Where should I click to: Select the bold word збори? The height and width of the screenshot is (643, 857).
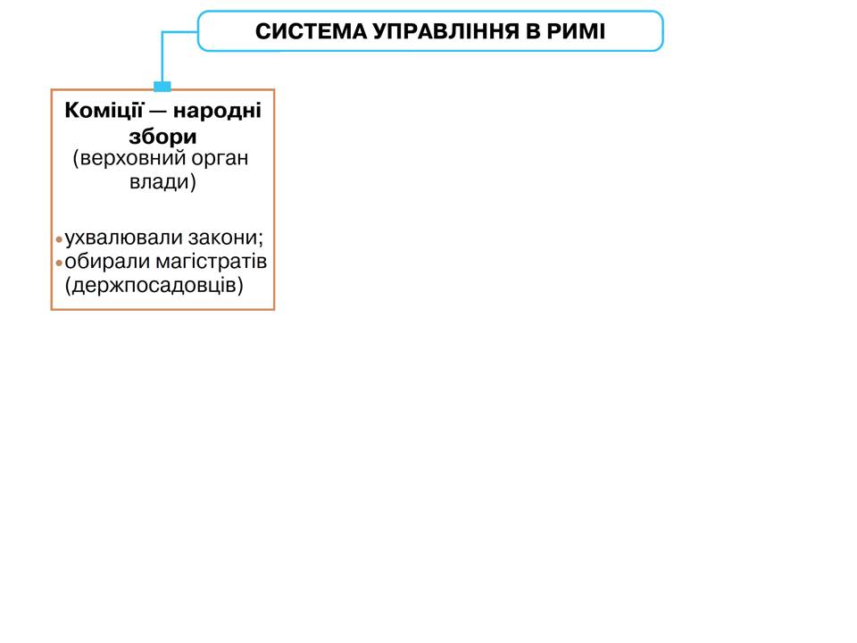pos(162,137)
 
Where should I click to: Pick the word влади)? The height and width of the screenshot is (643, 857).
pos(162,182)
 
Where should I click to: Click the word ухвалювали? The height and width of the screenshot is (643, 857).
pos(125,239)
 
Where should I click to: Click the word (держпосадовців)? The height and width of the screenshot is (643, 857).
pos(154,286)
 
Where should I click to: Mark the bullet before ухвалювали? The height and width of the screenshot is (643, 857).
pos(59,240)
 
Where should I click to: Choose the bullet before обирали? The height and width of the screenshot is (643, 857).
pos(59,263)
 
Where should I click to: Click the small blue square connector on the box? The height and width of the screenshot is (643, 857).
pos(162,87)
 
